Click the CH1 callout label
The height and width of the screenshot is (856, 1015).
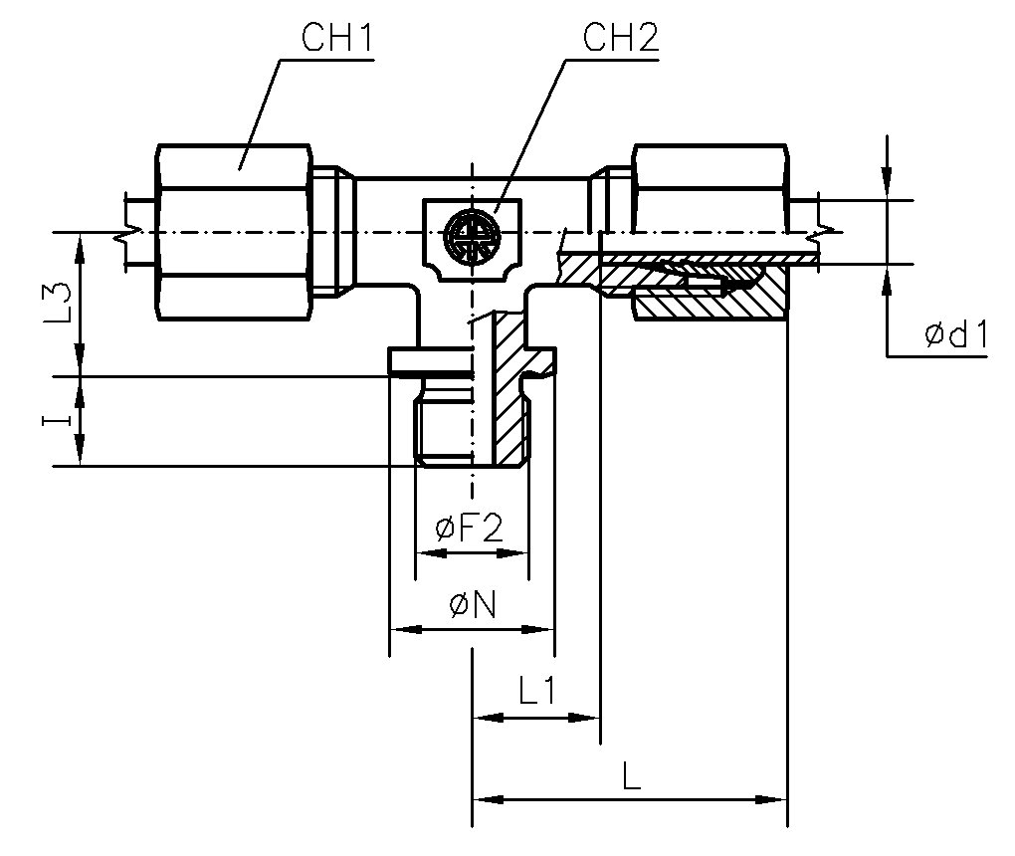pyautogui.click(x=335, y=41)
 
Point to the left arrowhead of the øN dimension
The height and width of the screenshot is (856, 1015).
pyautogui.click(x=397, y=629)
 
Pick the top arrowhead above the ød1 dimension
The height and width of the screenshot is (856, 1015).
pyautogui.click(x=887, y=189)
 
